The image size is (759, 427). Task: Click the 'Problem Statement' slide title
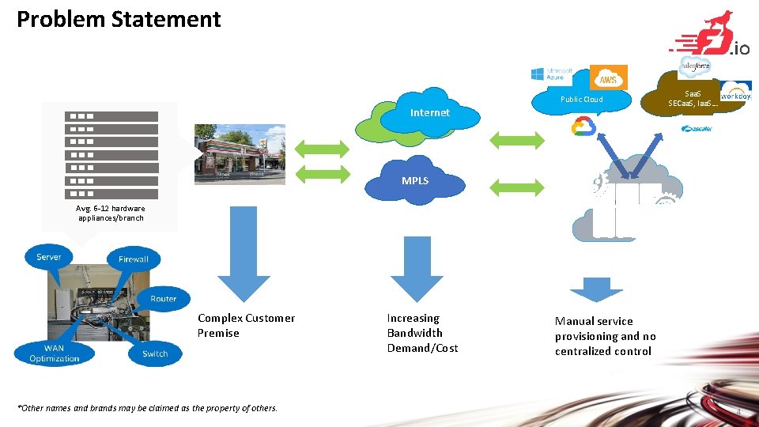[x=119, y=19]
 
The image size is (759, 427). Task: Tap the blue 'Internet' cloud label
[x=429, y=113]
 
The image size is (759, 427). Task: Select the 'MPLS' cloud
[x=415, y=181]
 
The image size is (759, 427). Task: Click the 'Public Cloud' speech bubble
[x=582, y=100]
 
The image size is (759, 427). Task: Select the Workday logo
[x=735, y=90]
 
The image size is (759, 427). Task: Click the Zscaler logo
[x=697, y=128]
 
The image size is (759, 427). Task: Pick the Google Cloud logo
[x=583, y=126]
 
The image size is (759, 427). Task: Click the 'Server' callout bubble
[x=49, y=257]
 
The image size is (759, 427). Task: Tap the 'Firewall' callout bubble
[x=134, y=259]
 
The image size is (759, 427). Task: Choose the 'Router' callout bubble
[x=164, y=298]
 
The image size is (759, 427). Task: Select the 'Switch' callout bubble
[x=155, y=353]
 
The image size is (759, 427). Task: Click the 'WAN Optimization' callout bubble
[x=55, y=353]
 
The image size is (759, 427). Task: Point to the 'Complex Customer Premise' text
[x=246, y=325]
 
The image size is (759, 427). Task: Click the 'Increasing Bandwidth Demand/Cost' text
[x=422, y=333]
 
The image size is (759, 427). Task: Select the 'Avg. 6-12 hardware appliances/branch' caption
[x=111, y=213]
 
